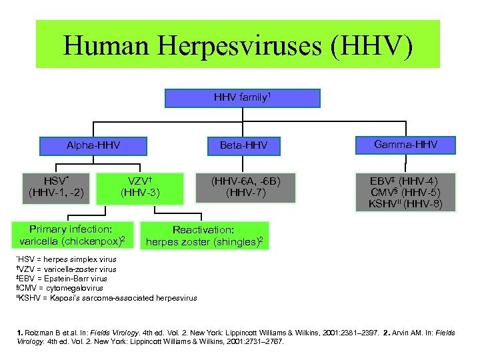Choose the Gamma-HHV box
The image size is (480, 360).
[405, 145]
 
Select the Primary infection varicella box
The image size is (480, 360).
[74, 235]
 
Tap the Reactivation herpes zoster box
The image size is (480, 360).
[207, 235]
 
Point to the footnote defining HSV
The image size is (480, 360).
[66, 259]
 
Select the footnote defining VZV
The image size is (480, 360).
[66, 269]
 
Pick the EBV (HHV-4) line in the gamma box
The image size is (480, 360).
[405, 181]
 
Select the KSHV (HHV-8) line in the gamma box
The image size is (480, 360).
[405, 204]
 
